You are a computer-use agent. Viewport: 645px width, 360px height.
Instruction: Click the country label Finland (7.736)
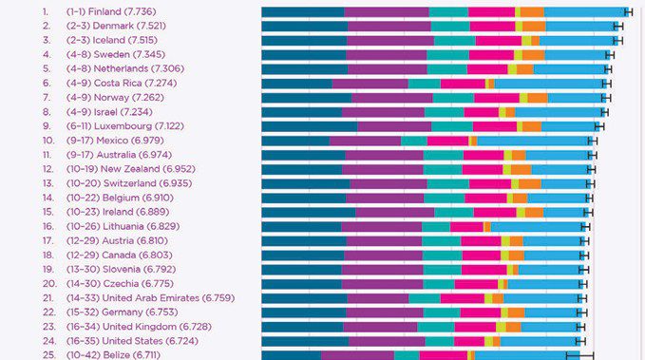(x=122, y=11)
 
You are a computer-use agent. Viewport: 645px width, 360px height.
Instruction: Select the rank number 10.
(x=48, y=141)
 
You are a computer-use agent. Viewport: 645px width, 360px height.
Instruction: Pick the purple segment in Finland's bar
(x=387, y=12)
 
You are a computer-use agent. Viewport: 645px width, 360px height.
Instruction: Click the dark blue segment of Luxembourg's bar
(x=310, y=126)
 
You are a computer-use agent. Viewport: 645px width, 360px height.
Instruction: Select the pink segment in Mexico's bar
(x=448, y=141)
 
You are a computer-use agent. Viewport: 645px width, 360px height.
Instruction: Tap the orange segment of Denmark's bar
(x=534, y=27)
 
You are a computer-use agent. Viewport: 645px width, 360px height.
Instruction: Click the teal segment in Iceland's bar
(x=455, y=41)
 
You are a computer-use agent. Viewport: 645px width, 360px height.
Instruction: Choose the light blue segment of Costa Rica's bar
(x=551, y=84)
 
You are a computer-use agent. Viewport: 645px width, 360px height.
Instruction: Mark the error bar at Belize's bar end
(x=580, y=354)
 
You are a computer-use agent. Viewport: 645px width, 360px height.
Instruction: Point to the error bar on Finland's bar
(x=629, y=12)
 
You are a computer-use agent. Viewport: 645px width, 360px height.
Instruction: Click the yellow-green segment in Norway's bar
(x=523, y=98)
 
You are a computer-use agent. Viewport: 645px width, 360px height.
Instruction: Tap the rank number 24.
(x=49, y=341)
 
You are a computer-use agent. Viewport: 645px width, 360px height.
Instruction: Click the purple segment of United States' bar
(x=387, y=341)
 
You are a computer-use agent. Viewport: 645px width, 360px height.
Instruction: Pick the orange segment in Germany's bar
(x=516, y=313)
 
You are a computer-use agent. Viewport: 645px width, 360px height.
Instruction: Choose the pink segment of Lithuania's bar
(x=466, y=227)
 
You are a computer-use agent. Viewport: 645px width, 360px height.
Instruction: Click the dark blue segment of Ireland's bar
(x=309, y=213)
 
